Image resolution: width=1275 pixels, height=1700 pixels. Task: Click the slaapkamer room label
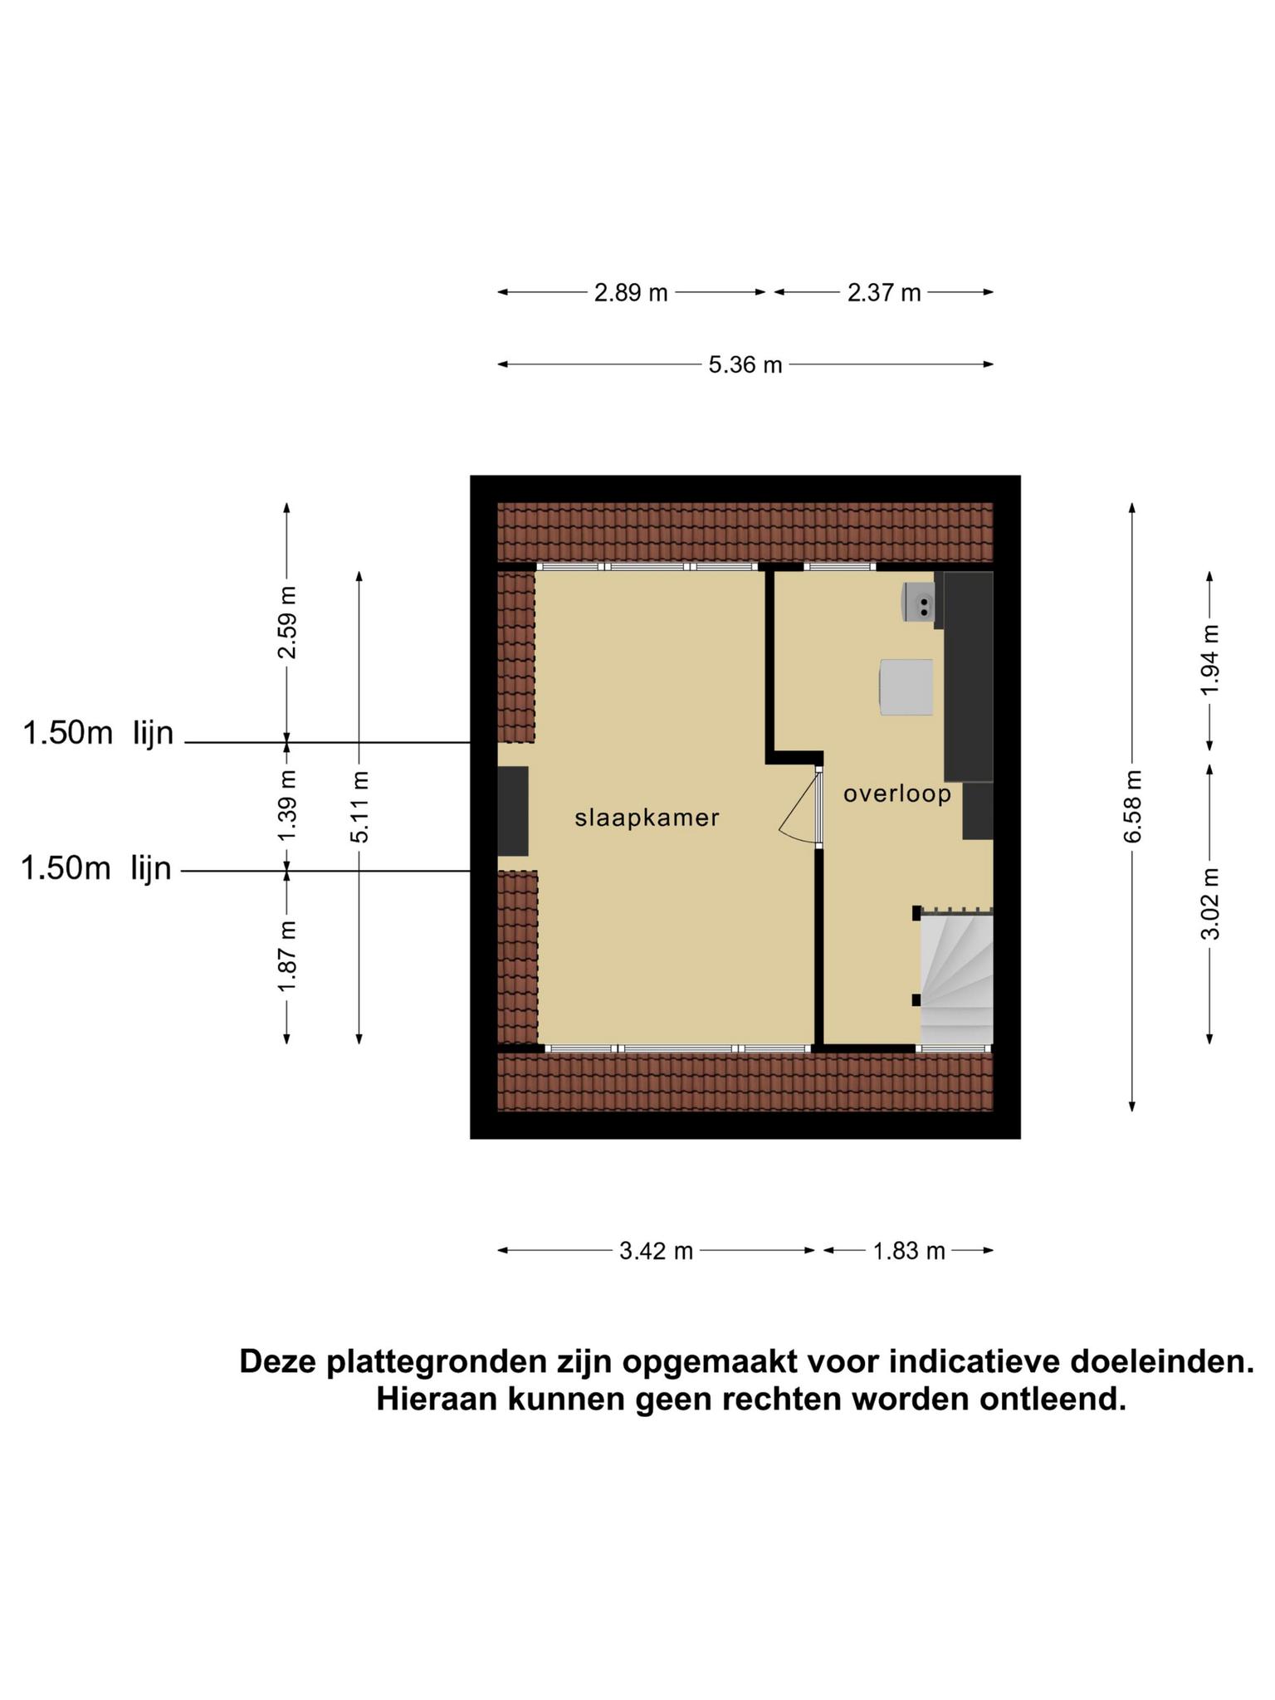pos(647,818)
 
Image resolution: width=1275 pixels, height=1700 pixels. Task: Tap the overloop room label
pos(897,794)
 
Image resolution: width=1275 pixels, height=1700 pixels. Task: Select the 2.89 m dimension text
pos(631,293)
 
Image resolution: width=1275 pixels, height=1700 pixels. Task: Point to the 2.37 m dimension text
pos(884,293)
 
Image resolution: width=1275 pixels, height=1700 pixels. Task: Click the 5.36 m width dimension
pos(745,364)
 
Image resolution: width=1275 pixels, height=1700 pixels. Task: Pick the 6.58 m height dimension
pos(1133,806)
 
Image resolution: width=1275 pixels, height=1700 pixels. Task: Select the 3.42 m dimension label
pos(656,1250)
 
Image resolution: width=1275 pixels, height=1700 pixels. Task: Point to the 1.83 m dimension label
pos(909,1250)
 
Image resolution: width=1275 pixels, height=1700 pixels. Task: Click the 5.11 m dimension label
pos(359,807)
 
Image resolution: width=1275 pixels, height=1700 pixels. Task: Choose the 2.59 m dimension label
pos(287,623)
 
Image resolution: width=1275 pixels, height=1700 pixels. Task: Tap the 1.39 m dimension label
pos(287,805)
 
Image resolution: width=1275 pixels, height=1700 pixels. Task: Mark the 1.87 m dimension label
pos(287,956)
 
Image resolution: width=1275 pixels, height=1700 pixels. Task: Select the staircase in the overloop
pos(956,978)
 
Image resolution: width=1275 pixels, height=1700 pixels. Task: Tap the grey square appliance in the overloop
pos(906,687)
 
